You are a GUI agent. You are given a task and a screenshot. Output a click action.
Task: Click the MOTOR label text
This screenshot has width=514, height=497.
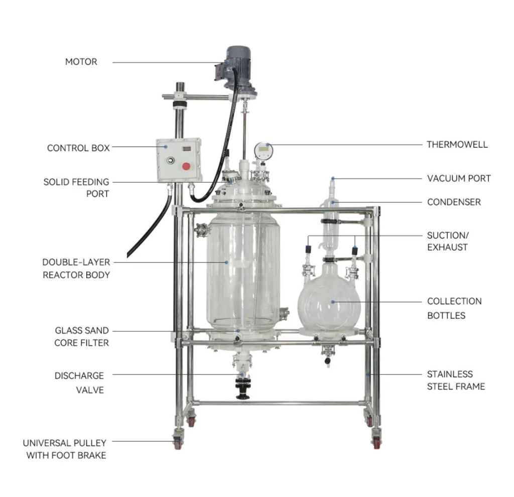tap(81, 62)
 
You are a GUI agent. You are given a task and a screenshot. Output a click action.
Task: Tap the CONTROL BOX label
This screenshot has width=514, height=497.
tap(78, 148)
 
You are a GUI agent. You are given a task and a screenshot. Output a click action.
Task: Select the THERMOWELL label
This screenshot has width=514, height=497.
tap(457, 145)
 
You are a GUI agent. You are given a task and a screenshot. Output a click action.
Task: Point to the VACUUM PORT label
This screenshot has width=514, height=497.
tap(459, 178)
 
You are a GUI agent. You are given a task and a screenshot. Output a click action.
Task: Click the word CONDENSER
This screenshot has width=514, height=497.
tap(454, 202)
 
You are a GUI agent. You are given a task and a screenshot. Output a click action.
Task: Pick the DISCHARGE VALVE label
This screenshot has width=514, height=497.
tap(79, 383)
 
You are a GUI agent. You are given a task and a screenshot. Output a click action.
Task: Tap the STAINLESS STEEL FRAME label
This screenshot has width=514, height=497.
tap(456, 381)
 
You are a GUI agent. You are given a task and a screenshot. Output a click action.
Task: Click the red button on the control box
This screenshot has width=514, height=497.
tap(186, 166)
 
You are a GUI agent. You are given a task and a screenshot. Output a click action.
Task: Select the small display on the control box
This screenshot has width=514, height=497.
tap(187, 149)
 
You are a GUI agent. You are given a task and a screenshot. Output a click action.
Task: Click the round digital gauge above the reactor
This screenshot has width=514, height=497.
tap(263, 151)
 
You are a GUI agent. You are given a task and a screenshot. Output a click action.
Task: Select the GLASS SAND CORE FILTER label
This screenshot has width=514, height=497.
tap(81, 336)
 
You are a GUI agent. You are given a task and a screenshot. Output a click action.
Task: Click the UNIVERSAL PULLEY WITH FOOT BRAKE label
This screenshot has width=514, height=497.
tap(65, 449)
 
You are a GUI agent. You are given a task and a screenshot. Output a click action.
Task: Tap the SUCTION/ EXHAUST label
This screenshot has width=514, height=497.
tap(448, 241)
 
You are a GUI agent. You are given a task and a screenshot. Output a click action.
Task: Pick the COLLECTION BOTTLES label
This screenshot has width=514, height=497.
tap(454, 308)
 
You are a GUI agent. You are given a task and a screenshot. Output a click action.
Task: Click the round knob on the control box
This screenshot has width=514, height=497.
tap(170, 161)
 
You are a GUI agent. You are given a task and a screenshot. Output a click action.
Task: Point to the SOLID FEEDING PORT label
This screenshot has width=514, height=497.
tap(76, 188)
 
